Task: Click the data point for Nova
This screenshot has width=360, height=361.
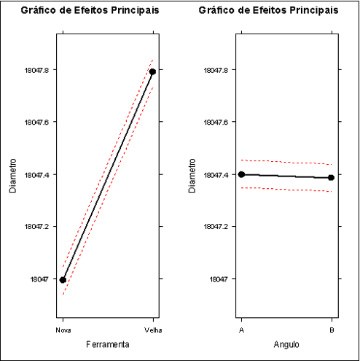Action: tap(63, 279)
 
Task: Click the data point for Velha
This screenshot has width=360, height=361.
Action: tap(152, 71)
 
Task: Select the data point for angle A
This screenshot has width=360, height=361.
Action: tap(242, 174)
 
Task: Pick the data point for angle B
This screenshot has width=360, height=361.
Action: tap(332, 177)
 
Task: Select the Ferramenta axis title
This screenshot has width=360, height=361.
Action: tap(108, 343)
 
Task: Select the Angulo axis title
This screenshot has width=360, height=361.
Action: tap(286, 343)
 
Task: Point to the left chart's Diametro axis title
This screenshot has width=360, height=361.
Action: tap(12, 175)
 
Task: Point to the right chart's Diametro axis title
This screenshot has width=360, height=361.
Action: tap(191, 175)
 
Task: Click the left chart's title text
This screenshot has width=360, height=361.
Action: tap(90, 11)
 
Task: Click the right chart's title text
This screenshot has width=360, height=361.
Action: tap(269, 11)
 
